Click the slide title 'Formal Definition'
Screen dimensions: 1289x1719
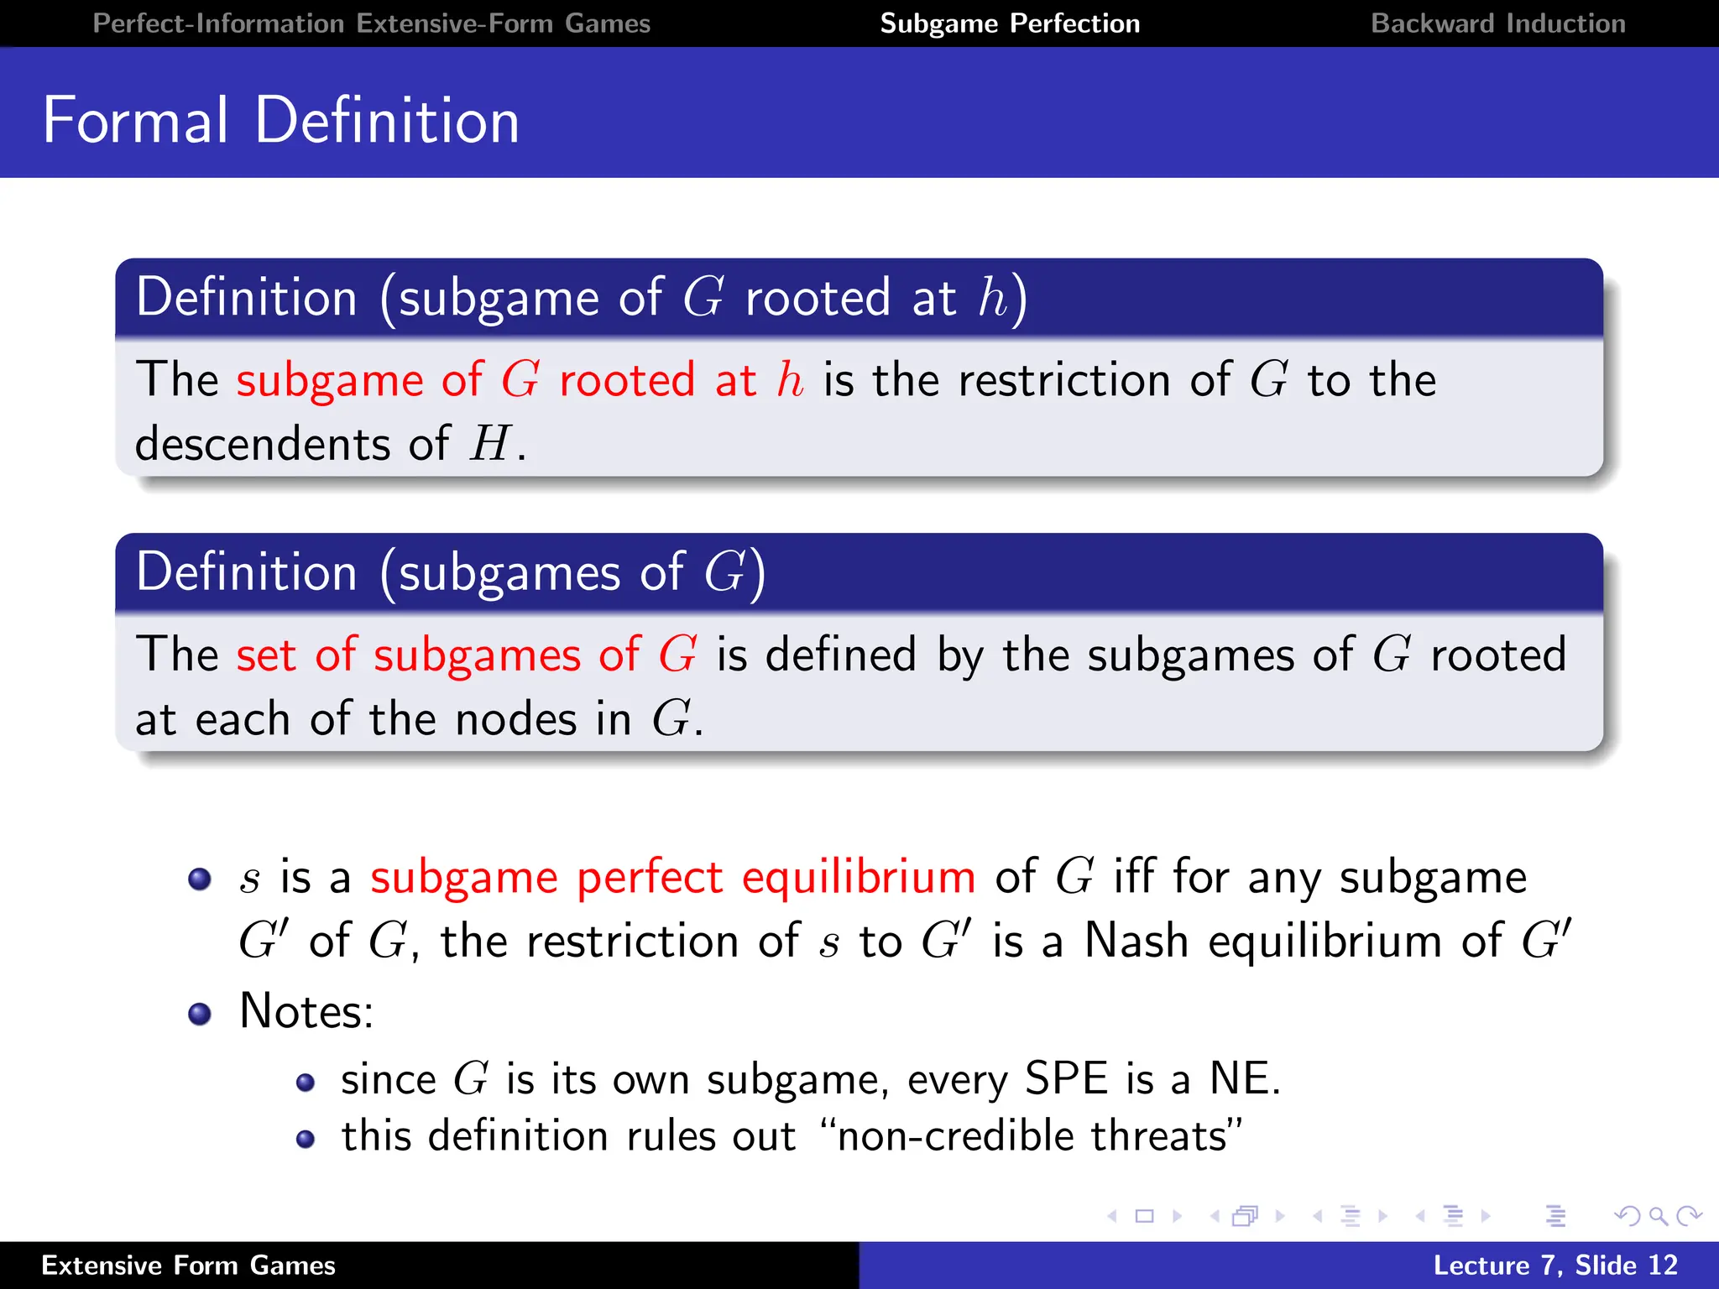point(281,121)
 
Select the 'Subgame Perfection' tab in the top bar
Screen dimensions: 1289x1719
point(1010,23)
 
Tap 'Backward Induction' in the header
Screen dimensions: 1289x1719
point(1497,23)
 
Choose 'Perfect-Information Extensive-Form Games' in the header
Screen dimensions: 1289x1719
point(371,23)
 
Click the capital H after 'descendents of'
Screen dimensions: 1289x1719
point(490,443)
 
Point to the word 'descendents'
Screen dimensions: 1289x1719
point(262,443)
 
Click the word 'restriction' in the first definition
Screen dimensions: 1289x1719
point(1063,379)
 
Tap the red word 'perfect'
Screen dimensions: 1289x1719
point(650,877)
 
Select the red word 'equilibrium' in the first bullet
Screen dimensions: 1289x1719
point(859,877)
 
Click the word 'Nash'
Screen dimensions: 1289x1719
point(1136,940)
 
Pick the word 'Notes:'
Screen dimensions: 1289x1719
point(306,1010)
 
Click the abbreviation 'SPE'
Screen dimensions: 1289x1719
point(1066,1078)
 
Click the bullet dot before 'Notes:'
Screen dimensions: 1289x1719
point(200,1014)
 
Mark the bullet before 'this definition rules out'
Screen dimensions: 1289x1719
point(306,1139)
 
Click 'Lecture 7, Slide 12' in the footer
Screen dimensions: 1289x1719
point(1554,1266)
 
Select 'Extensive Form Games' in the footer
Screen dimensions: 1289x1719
point(188,1266)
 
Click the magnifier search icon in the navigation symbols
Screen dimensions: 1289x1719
point(1657,1215)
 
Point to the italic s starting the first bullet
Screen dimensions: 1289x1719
point(249,879)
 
